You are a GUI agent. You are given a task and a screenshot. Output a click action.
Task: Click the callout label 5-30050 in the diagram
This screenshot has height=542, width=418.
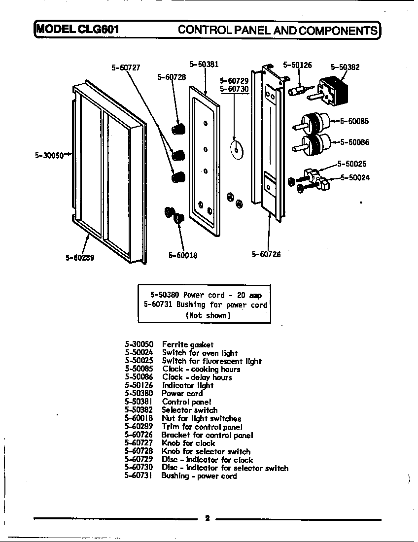click(x=49, y=155)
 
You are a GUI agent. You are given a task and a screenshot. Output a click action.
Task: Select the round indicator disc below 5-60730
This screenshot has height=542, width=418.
click(x=237, y=148)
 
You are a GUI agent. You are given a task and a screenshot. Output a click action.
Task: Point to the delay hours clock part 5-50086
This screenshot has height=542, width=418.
click(x=315, y=143)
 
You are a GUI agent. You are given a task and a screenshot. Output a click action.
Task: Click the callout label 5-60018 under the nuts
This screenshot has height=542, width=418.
click(x=183, y=255)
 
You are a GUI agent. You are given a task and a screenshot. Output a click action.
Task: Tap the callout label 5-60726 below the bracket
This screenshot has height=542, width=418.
click(x=266, y=254)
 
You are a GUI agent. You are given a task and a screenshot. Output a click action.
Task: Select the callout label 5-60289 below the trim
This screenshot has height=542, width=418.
click(x=79, y=257)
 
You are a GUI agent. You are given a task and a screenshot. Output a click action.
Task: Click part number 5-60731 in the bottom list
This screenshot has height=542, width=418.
click(x=139, y=475)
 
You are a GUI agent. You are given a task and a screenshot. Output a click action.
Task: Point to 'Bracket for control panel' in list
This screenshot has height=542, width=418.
click(x=207, y=435)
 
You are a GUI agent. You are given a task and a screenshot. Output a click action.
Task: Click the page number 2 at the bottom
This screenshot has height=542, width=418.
click(x=207, y=518)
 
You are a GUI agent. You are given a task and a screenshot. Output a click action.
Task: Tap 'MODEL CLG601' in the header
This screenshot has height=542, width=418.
click(x=76, y=29)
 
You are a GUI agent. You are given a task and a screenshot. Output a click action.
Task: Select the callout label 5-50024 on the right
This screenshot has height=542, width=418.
click(x=355, y=178)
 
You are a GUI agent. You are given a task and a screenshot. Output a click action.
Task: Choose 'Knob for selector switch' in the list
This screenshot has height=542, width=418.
click(x=206, y=451)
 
